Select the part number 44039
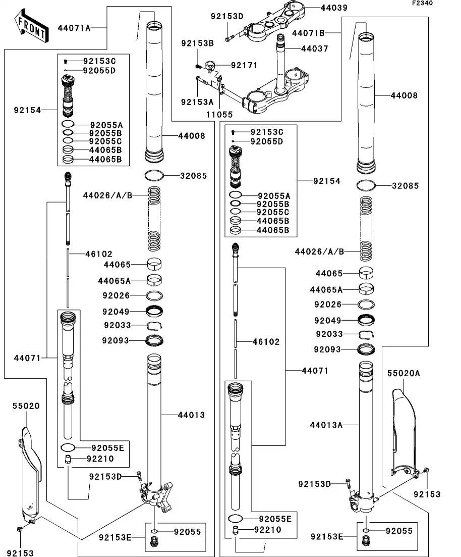coord(334,8)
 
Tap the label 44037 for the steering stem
coord(315,49)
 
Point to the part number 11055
coord(219,115)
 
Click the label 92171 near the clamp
coord(245,65)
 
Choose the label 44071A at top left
coord(74,28)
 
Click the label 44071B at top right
coord(308,33)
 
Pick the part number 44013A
coord(326,425)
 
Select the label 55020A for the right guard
coord(404,373)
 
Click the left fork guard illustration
coord(30,470)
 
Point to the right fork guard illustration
coord(405,434)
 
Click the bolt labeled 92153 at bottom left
coord(20,529)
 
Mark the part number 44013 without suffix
coord(191,415)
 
